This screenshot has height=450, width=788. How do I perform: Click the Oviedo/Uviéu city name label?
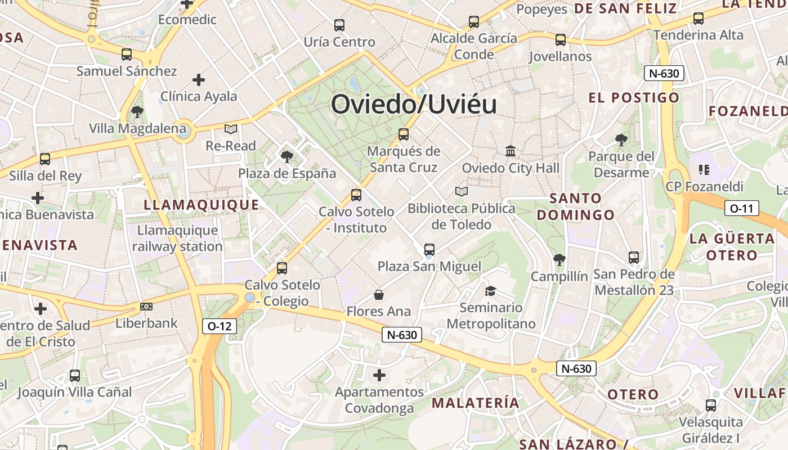[x=414, y=105]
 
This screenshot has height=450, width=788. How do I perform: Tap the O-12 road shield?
[x=219, y=326]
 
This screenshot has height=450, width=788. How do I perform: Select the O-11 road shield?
[x=741, y=208]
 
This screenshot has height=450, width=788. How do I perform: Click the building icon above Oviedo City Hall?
[x=511, y=151]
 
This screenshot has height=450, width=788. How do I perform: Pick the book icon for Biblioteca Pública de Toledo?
[x=462, y=192]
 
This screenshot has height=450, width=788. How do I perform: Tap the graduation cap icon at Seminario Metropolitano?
[x=491, y=291]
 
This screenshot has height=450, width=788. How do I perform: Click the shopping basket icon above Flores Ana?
[x=379, y=295]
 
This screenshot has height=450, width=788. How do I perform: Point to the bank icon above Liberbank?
[x=146, y=307]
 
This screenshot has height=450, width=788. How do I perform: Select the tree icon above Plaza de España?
[x=287, y=156]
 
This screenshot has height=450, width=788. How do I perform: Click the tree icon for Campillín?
[x=559, y=259]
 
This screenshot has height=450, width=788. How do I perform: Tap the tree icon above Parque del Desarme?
[x=621, y=139]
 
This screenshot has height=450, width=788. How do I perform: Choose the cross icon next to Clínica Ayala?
[x=198, y=80]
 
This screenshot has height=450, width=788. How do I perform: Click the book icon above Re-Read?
[x=231, y=129]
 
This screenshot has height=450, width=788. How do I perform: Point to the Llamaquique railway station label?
[x=177, y=238]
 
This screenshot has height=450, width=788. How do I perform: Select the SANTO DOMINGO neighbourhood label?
[x=575, y=206]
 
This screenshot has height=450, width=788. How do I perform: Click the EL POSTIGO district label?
[x=634, y=98]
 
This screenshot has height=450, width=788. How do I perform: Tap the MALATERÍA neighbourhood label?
[x=476, y=403]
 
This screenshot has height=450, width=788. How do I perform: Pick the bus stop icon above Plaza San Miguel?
[x=429, y=249]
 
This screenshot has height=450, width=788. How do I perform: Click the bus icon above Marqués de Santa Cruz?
[x=404, y=134]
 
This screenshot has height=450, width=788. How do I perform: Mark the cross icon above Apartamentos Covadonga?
[x=379, y=375]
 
